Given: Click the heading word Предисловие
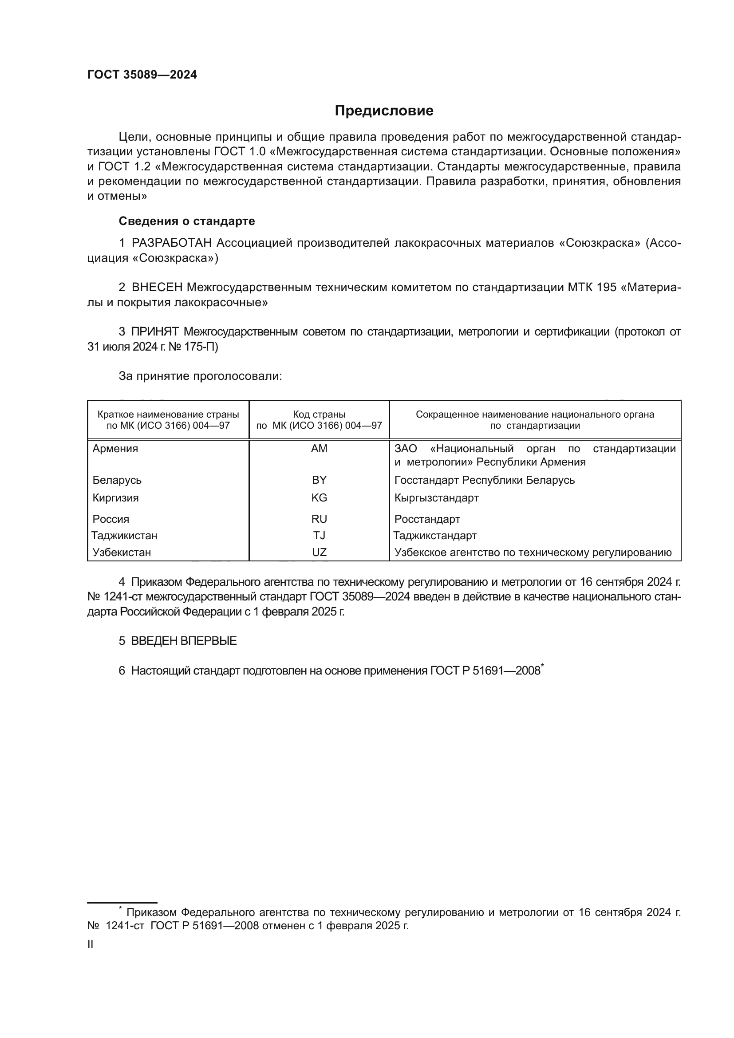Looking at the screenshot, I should click(x=384, y=111).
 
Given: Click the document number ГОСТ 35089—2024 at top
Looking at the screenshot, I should click(x=142, y=75).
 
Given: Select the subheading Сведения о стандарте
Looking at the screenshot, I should click(x=187, y=221).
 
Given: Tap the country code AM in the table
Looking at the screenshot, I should click(x=319, y=449).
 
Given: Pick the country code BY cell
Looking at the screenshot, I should click(x=319, y=480).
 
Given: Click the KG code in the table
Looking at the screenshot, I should click(x=319, y=498).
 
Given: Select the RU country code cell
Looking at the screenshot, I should click(x=319, y=519).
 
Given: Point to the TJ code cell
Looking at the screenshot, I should click(x=319, y=535).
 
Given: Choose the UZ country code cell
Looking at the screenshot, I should click(x=319, y=552).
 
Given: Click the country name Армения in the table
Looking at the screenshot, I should click(x=115, y=449).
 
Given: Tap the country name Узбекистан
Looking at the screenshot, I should click(x=122, y=552).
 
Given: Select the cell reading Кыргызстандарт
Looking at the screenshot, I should click(x=436, y=498).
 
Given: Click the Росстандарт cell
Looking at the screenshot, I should click(x=427, y=519).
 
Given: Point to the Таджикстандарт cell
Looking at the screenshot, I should click(x=435, y=535).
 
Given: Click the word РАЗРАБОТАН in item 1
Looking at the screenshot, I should click(x=172, y=243).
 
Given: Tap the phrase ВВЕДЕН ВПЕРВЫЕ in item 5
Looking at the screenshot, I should click(x=184, y=641).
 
